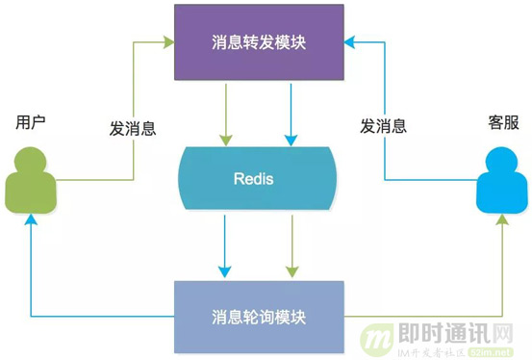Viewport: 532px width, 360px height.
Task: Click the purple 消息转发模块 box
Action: point(258,43)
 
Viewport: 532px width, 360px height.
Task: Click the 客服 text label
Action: point(501,122)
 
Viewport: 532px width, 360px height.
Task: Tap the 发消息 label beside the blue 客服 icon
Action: point(382,126)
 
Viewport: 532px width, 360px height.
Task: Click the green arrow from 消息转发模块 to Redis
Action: point(226,111)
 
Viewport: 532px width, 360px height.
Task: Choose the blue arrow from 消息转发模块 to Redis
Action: point(290,111)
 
